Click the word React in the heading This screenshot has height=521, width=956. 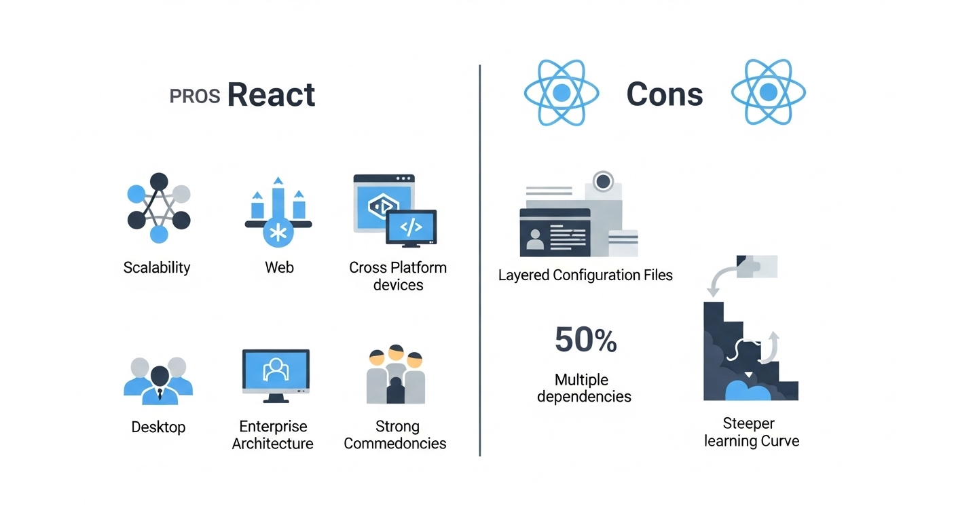click(x=271, y=95)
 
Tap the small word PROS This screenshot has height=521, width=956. click(x=194, y=96)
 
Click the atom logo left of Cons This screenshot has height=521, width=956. click(x=561, y=93)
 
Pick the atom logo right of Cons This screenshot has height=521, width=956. click(x=768, y=93)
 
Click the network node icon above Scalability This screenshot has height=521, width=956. click(x=158, y=208)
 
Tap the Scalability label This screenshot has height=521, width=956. click(x=157, y=267)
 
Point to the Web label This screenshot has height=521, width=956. click(x=279, y=267)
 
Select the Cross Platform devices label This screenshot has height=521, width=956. click(x=398, y=276)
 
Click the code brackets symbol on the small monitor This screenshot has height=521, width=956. click(x=411, y=226)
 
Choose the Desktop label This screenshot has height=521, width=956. click(x=158, y=427)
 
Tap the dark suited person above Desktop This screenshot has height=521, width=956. click(x=160, y=383)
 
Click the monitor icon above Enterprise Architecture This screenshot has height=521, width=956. click(x=276, y=373)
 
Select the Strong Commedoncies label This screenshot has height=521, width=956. click(x=395, y=435)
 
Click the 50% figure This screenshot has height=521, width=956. click(x=585, y=340)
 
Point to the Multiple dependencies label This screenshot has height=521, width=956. click(x=583, y=388)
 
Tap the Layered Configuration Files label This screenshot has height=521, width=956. click(x=585, y=275)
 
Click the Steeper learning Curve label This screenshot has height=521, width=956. click(x=751, y=432)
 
